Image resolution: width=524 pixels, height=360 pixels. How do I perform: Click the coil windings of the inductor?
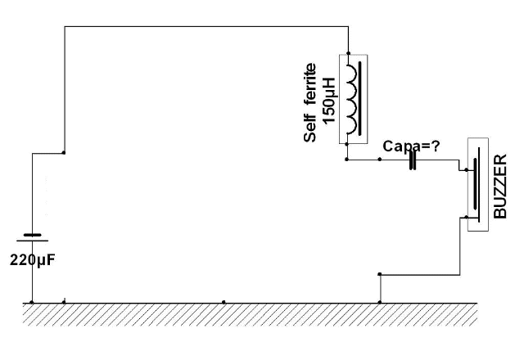coord(351,98)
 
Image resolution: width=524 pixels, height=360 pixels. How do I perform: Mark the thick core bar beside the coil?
coord(361,98)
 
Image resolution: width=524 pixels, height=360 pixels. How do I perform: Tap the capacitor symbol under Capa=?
coord(413,161)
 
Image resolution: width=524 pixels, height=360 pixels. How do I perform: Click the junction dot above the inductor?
coord(349,50)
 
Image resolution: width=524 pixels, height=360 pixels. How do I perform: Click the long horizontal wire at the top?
coord(205,26)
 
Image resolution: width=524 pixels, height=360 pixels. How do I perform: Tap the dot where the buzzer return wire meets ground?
coord(379,302)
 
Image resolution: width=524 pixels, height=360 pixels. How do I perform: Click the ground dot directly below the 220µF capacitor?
coord(31,302)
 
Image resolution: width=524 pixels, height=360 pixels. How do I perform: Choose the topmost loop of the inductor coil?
coord(351,71)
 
